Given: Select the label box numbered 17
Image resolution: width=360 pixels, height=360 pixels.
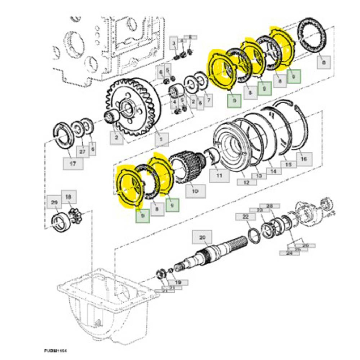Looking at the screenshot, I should [x=73, y=164].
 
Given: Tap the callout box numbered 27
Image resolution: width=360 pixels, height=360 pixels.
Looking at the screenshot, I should [x=82, y=152].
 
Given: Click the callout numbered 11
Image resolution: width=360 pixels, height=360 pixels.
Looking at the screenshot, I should [x=220, y=176].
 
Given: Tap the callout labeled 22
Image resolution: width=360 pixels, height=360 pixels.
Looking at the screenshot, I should [x=246, y=218].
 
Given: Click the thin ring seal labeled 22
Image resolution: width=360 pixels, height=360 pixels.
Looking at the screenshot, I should [x=254, y=235].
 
